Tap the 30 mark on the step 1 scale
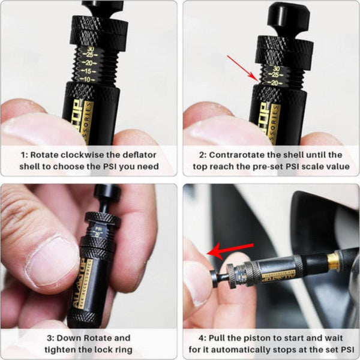(x=90, y=50)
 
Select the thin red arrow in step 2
(x=241, y=67)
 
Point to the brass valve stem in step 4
(x=333, y=259)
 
